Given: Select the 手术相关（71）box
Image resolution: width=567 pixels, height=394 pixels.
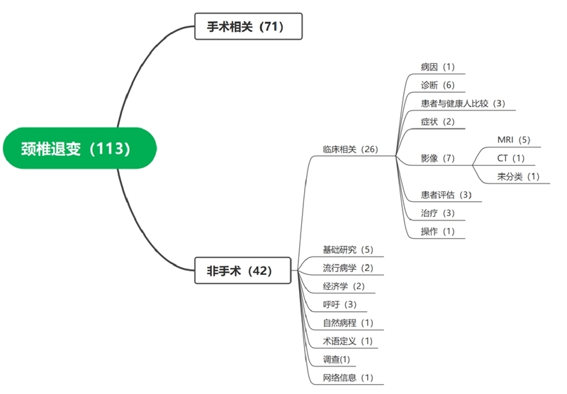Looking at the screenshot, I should pos(248,28).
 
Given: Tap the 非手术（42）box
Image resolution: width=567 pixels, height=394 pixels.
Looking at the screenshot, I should pos(243,270).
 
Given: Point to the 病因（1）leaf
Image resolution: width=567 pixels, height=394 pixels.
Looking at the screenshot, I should pos(438,67).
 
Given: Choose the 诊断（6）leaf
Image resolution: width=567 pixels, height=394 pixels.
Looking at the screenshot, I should pos(438,85).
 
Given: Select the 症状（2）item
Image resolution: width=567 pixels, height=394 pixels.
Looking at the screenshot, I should pos(438,121).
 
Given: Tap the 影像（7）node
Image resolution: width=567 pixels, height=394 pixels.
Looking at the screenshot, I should pos(438,158).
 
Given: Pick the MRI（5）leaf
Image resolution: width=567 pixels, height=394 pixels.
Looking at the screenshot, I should pos(514,140).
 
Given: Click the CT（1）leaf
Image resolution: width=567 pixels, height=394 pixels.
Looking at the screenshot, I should pos(511,158).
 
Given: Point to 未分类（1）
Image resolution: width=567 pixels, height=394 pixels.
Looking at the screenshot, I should pos(519,176).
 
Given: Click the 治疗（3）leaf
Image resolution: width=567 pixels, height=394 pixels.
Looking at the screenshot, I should pos(438,213).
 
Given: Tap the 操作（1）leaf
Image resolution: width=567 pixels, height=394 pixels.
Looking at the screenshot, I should pos(438,232).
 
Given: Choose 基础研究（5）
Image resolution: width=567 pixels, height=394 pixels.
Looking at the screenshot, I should pos(347,249).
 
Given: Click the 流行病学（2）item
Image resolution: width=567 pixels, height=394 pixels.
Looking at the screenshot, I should pos(347,268).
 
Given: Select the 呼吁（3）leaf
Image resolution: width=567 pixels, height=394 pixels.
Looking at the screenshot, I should pos(339,305).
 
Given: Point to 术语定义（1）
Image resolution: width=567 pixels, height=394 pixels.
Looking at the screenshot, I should pos(347,342).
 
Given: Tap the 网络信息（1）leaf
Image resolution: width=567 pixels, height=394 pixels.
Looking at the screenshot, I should pos(347,378).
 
